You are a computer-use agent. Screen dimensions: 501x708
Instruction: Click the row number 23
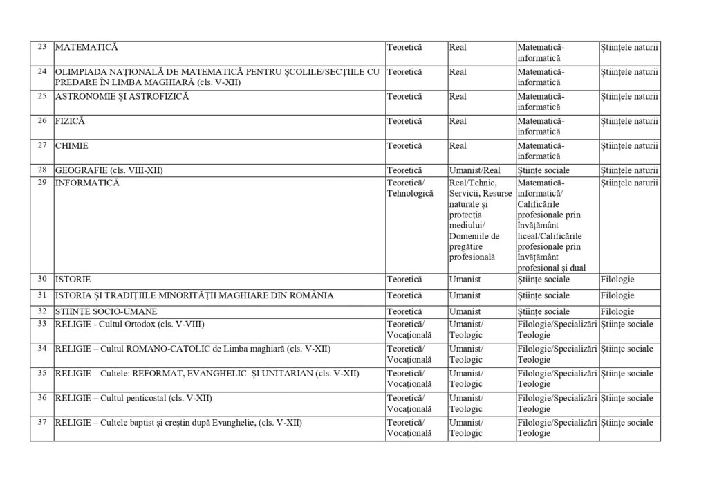coord(41,47)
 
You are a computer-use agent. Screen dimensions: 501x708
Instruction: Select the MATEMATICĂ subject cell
coord(86,47)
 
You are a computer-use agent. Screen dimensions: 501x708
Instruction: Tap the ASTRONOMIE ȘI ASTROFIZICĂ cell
coord(122,96)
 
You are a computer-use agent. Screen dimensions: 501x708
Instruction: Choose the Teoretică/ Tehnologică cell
coord(410,188)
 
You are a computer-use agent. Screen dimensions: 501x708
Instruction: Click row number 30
coord(41,280)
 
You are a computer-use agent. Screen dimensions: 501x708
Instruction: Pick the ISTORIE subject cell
coord(73,280)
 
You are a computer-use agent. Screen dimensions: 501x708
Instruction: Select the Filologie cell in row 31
coord(617,295)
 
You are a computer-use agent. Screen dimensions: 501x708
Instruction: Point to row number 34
coord(41,349)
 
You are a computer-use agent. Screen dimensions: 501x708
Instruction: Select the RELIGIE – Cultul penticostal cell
coord(133,398)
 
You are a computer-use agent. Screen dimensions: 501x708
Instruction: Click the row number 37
coord(41,423)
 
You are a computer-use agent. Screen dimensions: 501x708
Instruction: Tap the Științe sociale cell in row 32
coord(543,311)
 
